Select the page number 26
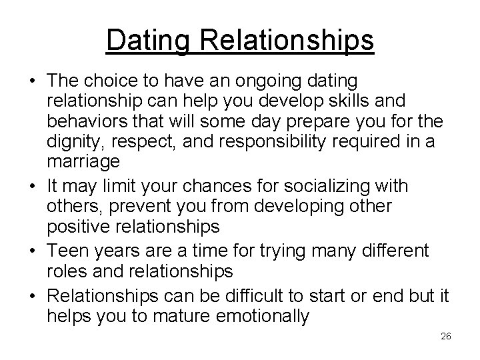(x=446, y=336)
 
